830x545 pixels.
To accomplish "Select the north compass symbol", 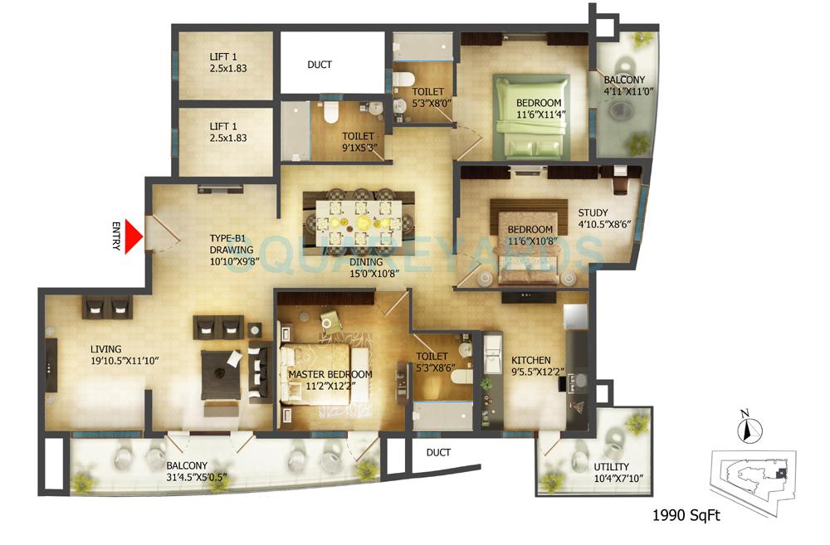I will [745, 430].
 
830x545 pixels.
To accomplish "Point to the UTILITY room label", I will [611, 467].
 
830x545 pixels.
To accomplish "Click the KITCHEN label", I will [530, 360].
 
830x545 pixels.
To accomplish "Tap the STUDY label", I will [593, 212].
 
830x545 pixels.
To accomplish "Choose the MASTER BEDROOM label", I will [330, 374].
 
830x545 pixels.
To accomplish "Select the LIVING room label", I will [106, 349].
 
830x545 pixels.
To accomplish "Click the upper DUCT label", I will [320, 65].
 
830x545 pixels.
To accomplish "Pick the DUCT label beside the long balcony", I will [437, 452].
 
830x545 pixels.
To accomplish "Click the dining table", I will [359, 219].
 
